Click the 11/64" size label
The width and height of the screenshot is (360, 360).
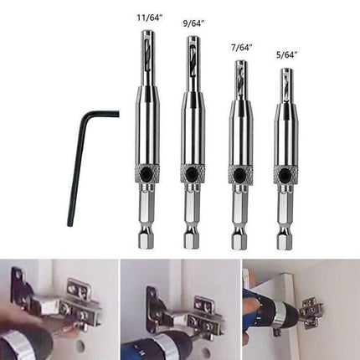coord(149,18)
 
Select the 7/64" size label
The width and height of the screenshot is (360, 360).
coord(242,48)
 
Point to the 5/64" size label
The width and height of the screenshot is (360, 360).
coord(285,55)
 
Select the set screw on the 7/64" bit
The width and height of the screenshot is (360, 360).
coord(239,174)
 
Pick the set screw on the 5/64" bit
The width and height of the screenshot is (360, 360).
coord(285,174)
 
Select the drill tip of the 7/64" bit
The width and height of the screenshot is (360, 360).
coord(239,80)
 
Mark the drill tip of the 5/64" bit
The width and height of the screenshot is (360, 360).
coord(285,85)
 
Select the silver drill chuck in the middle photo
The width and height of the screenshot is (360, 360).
coord(164,347)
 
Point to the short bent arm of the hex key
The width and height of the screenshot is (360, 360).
coord(103,115)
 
